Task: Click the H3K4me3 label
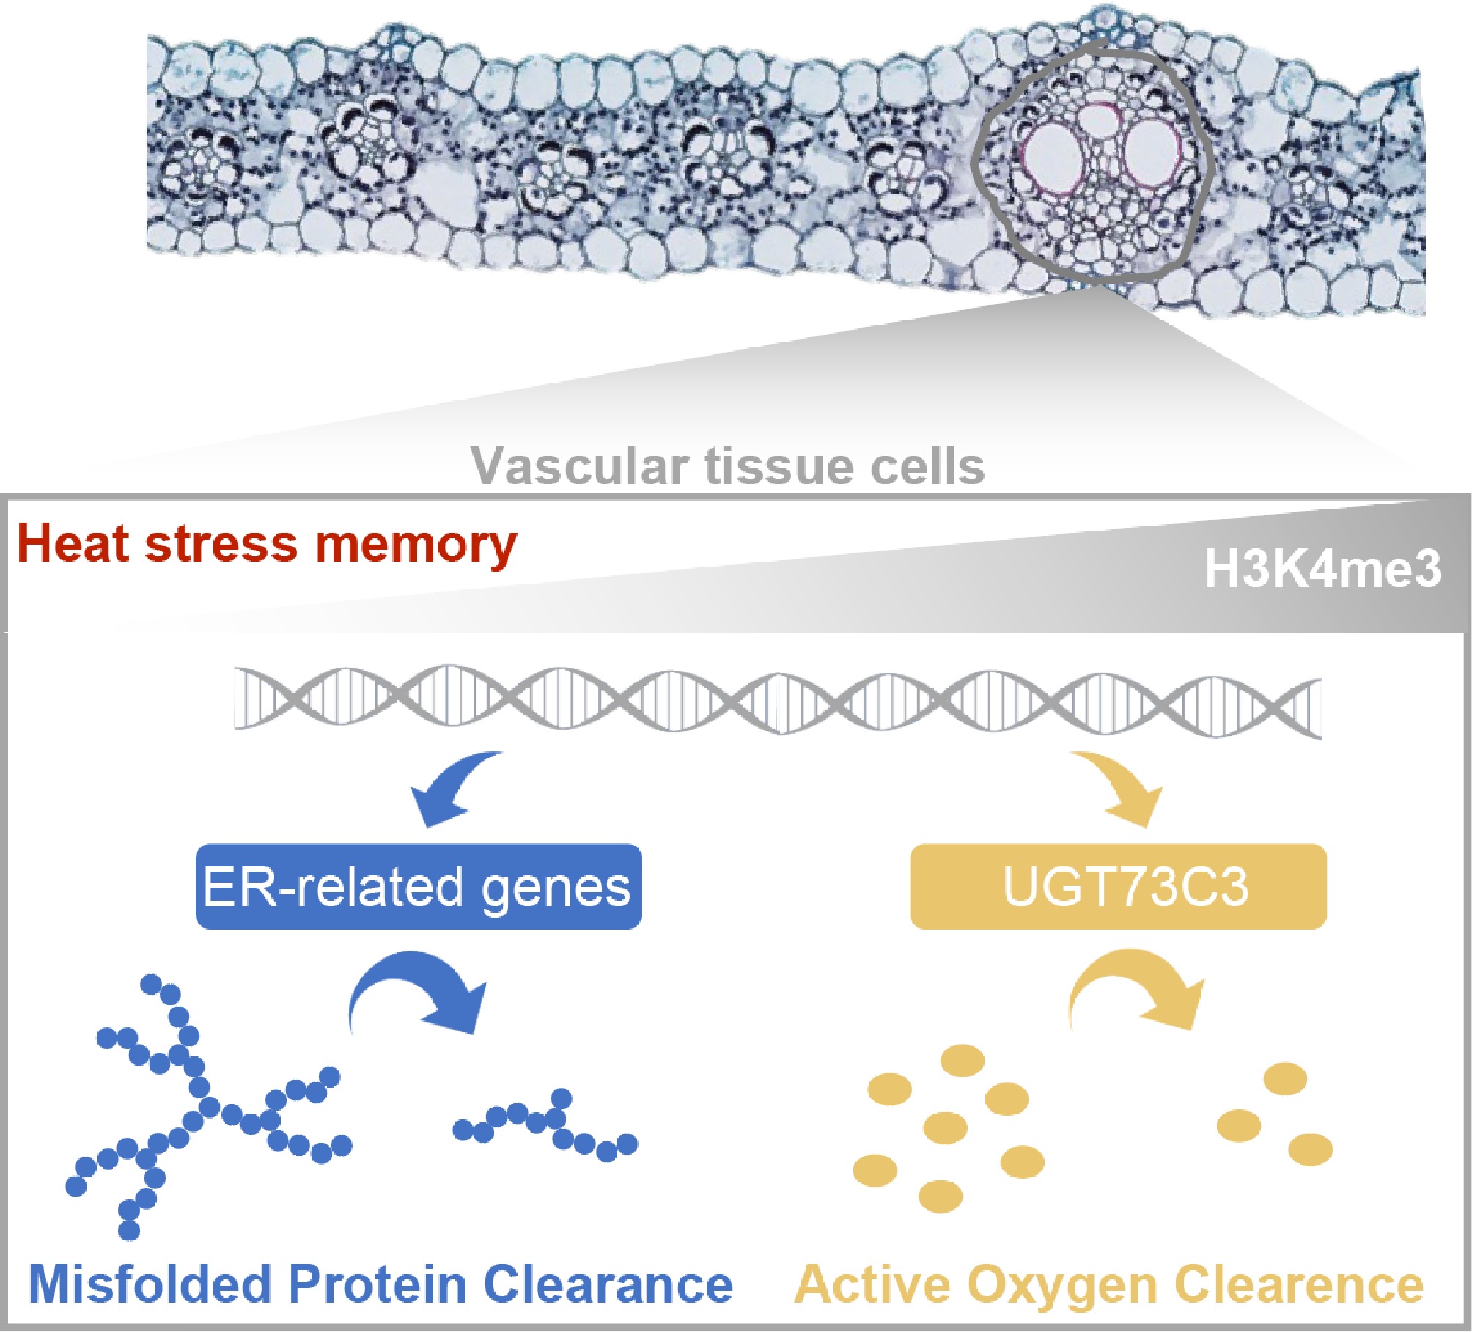1322,570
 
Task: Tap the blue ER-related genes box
419,887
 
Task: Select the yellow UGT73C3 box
1118,887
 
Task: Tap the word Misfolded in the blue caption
150,1284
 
